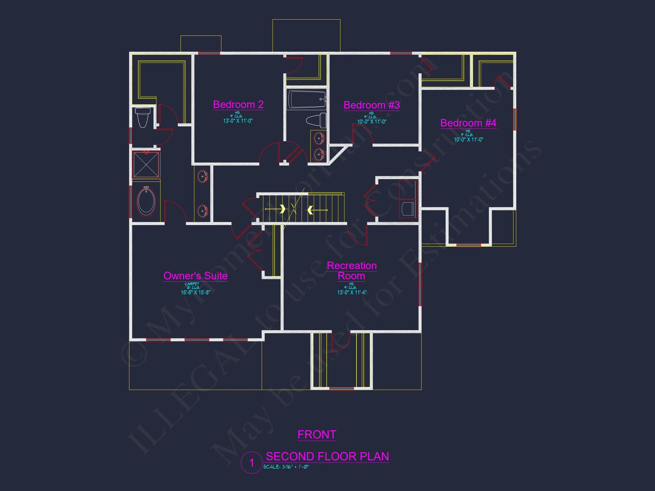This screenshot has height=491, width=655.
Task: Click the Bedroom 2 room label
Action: tap(238, 105)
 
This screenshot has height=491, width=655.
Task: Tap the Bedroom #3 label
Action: tap(371, 105)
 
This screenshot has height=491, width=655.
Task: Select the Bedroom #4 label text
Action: tap(468, 123)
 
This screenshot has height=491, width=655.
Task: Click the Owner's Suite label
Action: tap(195, 276)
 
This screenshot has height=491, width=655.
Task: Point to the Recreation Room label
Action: tap(351, 271)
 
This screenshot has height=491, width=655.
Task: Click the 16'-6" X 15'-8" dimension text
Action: tap(195, 292)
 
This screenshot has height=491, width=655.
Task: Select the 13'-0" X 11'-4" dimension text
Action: tap(352, 292)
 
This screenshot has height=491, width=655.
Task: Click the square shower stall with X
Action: tap(146, 165)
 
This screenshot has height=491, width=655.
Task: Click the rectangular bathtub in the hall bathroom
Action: tap(306, 99)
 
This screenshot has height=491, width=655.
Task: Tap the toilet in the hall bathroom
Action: tap(316, 120)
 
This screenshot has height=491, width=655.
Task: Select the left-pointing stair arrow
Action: tap(310, 210)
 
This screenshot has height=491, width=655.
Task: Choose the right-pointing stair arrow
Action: tap(283, 209)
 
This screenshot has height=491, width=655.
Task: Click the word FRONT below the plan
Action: tap(316, 434)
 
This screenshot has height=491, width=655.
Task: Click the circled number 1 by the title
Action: tap(251, 463)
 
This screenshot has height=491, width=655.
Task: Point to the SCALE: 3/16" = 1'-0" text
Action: tap(286, 467)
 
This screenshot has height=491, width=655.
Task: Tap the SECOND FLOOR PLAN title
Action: tap(327, 456)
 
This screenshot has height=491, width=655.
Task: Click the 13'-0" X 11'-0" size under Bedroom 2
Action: tap(238, 121)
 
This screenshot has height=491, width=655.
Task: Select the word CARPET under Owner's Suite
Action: tap(192, 284)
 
